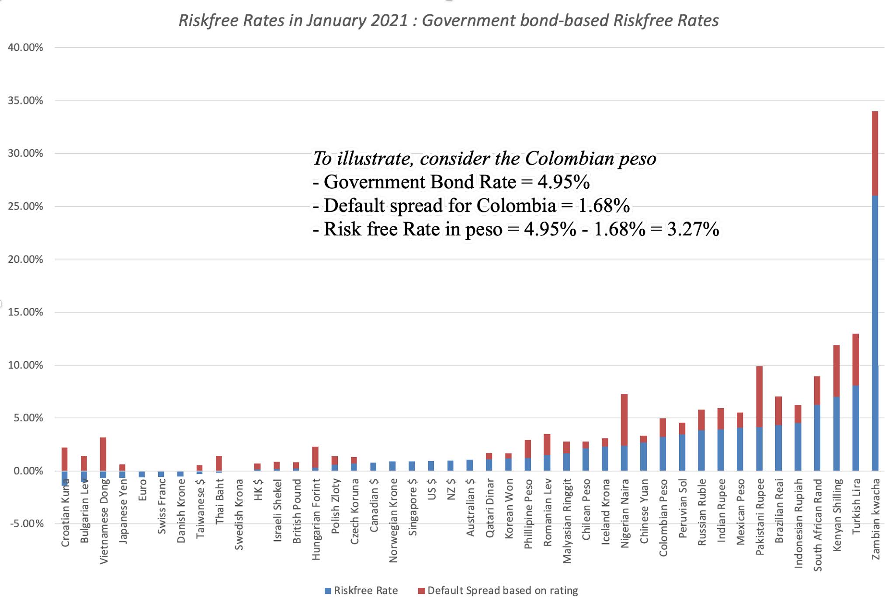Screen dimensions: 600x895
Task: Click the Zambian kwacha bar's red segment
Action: click(x=874, y=153)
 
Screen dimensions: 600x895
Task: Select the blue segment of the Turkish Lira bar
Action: click(x=855, y=428)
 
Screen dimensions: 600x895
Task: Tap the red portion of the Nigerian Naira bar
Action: click(x=624, y=420)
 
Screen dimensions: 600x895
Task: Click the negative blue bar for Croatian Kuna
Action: click(x=65, y=478)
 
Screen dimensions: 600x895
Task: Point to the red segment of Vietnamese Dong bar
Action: click(x=103, y=454)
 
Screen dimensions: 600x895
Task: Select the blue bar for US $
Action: click(x=431, y=466)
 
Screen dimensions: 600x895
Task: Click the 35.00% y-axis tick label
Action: click(x=25, y=101)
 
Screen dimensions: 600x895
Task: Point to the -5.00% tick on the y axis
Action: click(x=25, y=524)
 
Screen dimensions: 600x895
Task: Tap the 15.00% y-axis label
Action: click(x=25, y=312)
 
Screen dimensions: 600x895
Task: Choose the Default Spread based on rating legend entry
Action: click(x=498, y=591)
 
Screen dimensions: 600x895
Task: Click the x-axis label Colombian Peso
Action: click(x=663, y=517)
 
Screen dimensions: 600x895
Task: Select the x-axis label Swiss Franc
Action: click(x=161, y=506)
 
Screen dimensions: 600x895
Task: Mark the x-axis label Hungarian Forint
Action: click(x=316, y=519)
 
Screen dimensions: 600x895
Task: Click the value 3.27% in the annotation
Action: click(x=693, y=229)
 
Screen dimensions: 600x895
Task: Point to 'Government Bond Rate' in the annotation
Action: click(x=420, y=182)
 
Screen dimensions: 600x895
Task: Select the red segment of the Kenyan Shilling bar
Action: click(x=836, y=371)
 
